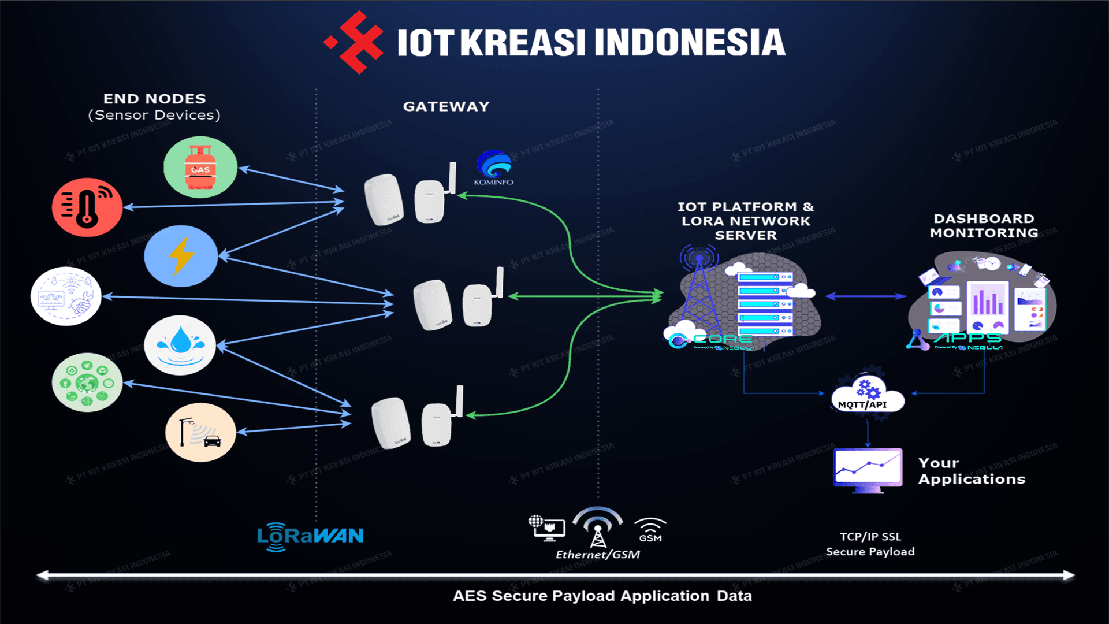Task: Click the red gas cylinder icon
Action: (x=200, y=167)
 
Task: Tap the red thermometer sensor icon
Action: (x=87, y=207)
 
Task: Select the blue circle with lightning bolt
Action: (x=181, y=256)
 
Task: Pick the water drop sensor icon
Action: (x=180, y=345)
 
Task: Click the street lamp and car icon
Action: (x=200, y=432)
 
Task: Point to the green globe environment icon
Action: (x=87, y=382)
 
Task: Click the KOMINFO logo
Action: (x=494, y=168)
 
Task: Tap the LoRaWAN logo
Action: (x=310, y=536)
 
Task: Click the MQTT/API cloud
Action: (x=866, y=396)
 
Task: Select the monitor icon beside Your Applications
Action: (x=868, y=469)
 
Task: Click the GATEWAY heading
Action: (x=446, y=106)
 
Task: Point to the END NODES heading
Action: (x=154, y=99)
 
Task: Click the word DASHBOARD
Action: (x=984, y=218)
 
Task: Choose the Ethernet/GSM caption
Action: (x=597, y=555)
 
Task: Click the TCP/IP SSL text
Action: (x=870, y=537)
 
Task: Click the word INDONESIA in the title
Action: (x=690, y=43)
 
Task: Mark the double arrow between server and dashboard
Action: (x=865, y=296)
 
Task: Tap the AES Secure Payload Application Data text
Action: (x=602, y=596)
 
